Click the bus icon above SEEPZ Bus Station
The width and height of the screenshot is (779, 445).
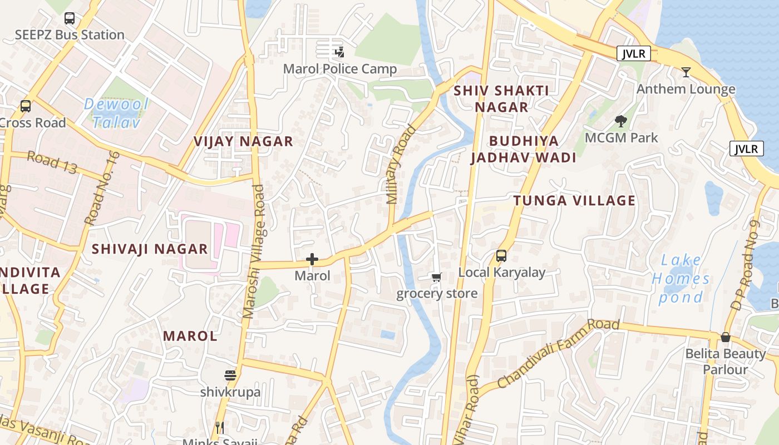69,18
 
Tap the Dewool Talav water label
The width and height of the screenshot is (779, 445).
116,113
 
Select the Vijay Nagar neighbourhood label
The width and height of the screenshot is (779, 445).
243,141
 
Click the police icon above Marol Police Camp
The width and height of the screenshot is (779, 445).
339,53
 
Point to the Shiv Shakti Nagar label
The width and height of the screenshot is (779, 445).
501,98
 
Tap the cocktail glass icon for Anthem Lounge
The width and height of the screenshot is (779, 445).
686,72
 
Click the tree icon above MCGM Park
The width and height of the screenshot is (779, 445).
621,121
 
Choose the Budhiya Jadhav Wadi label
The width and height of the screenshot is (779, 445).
523,149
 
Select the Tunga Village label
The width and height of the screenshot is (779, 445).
574,201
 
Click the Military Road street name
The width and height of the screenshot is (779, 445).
401,165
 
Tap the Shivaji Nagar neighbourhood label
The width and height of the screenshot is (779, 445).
150,249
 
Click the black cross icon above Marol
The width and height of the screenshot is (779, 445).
312,259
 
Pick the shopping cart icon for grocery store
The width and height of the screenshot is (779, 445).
437,277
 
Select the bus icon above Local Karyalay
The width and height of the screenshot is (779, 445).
501,256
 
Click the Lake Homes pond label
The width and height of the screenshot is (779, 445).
682,279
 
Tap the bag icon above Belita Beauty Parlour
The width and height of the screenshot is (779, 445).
725,337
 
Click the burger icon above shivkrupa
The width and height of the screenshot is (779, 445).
230,375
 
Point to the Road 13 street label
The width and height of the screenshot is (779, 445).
52,163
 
